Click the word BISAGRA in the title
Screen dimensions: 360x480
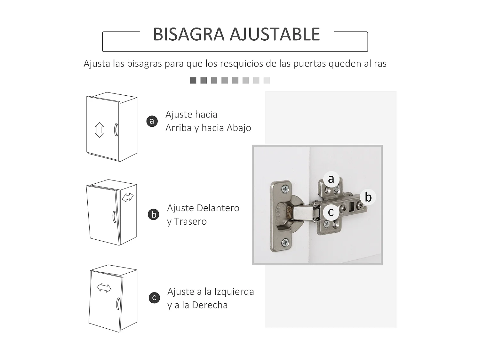[x=188, y=34]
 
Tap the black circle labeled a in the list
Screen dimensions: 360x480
[x=152, y=121]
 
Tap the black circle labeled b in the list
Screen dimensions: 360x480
[x=154, y=214]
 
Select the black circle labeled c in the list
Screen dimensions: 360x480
[x=154, y=298]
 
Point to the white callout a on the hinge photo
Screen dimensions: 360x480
[x=331, y=179]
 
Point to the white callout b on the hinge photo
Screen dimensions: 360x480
[x=368, y=197]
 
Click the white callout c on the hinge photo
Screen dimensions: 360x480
[x=331, y=212]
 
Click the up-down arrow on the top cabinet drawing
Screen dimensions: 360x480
[x=99, y=130]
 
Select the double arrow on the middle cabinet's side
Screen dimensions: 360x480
[x=128, y=197]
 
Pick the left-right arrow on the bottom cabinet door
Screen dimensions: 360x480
[x=104, y=288]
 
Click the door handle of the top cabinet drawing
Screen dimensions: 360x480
[x=116, y=130]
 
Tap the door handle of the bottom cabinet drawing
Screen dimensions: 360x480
[x=118, y=303]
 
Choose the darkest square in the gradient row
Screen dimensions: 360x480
[x=193, y=80]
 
